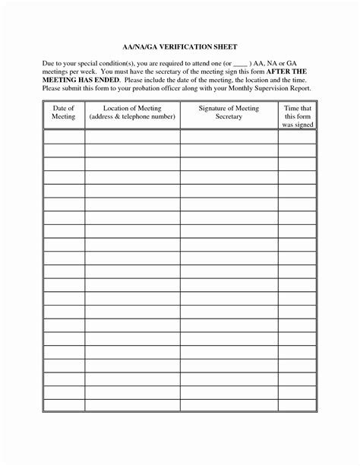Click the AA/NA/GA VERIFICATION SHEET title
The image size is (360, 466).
(x=179, y=46)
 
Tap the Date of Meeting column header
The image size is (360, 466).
(x=63, y=113)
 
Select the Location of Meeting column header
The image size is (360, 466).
(x=132, y=113)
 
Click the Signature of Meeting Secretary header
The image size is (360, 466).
(x=229, y=113)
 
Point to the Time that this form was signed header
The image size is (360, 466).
(x=297, y=117)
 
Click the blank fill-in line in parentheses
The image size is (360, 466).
(x=240, y=65)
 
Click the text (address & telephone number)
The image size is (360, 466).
(x=132, y=118)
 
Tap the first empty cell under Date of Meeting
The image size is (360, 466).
(x=63, y=137)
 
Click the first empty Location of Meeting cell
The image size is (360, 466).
(x=132, y=137)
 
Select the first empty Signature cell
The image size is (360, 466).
(x=229, y=137)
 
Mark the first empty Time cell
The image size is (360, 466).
(x=297, y=137)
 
